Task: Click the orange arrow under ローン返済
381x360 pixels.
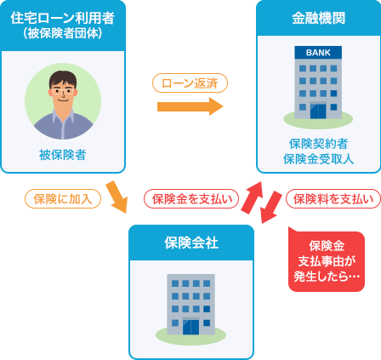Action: point(190,106)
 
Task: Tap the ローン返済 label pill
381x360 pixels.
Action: point(190,83)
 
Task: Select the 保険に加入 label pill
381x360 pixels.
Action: point(63,199)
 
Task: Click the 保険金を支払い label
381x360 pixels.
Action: point(191,199)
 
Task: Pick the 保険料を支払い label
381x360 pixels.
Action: point(333,199)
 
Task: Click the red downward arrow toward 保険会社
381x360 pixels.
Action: point(270,207)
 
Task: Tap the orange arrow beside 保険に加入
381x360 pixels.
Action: point(117,197)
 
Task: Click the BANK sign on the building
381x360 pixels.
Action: point(318,53)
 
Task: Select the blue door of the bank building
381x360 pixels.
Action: point(318,111)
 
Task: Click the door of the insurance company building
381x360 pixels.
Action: point(190,327)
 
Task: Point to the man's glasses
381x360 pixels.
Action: point(63,91)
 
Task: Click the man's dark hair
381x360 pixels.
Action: point(63,79)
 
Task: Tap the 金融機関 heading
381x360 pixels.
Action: point(319,19)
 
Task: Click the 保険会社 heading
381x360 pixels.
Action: point(191,243)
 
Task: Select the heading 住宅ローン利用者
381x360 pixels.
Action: point(63,18)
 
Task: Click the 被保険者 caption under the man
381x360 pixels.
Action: point(63,155)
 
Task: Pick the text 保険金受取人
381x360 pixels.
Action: point(318,159)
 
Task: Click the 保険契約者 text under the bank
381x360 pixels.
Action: point(318,144)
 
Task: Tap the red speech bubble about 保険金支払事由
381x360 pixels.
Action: point(327,261)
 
